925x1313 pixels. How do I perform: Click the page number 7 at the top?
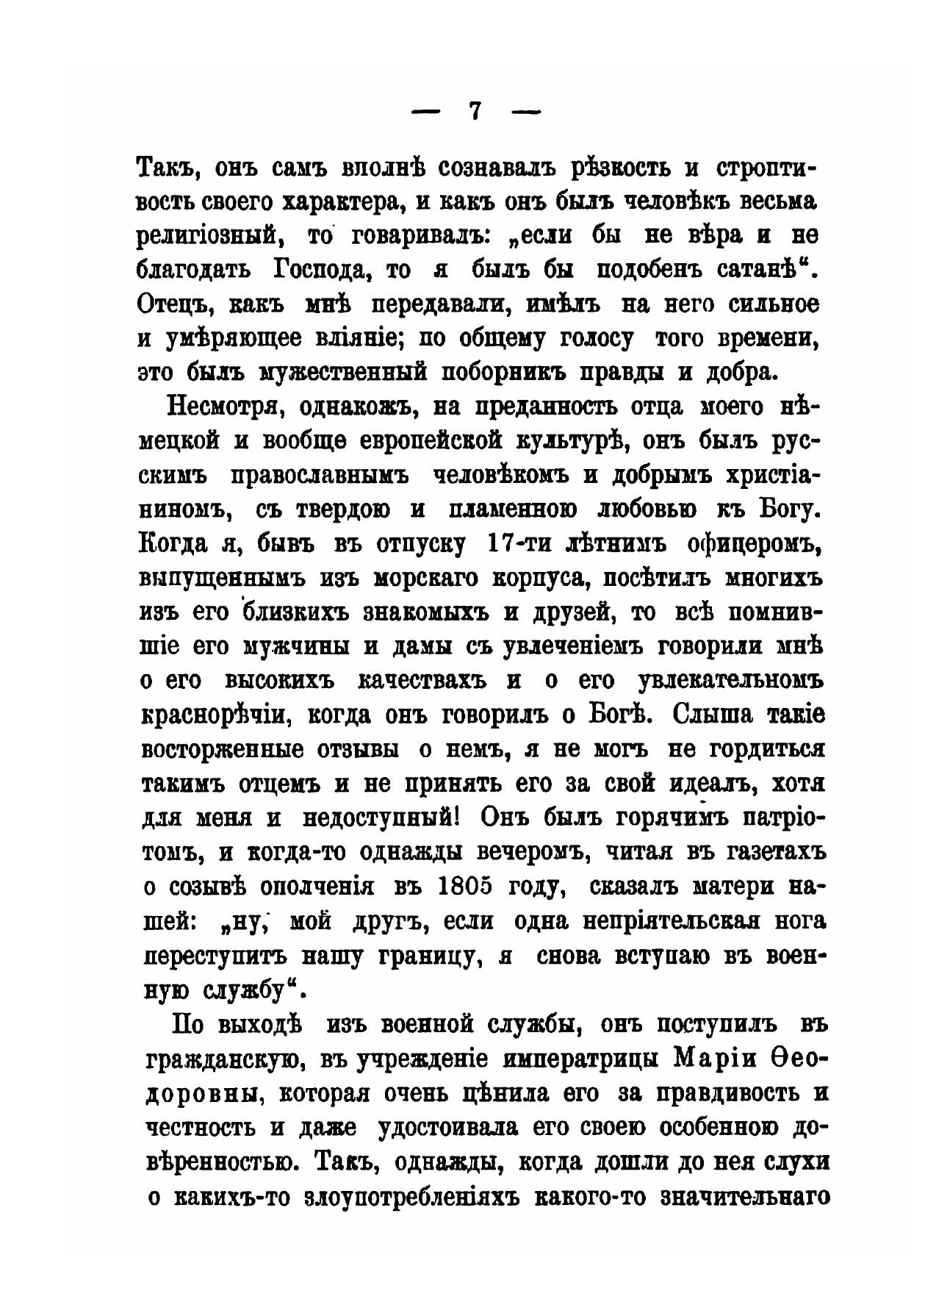[475, 111]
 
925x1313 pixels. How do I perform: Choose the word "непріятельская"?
[679, 920]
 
